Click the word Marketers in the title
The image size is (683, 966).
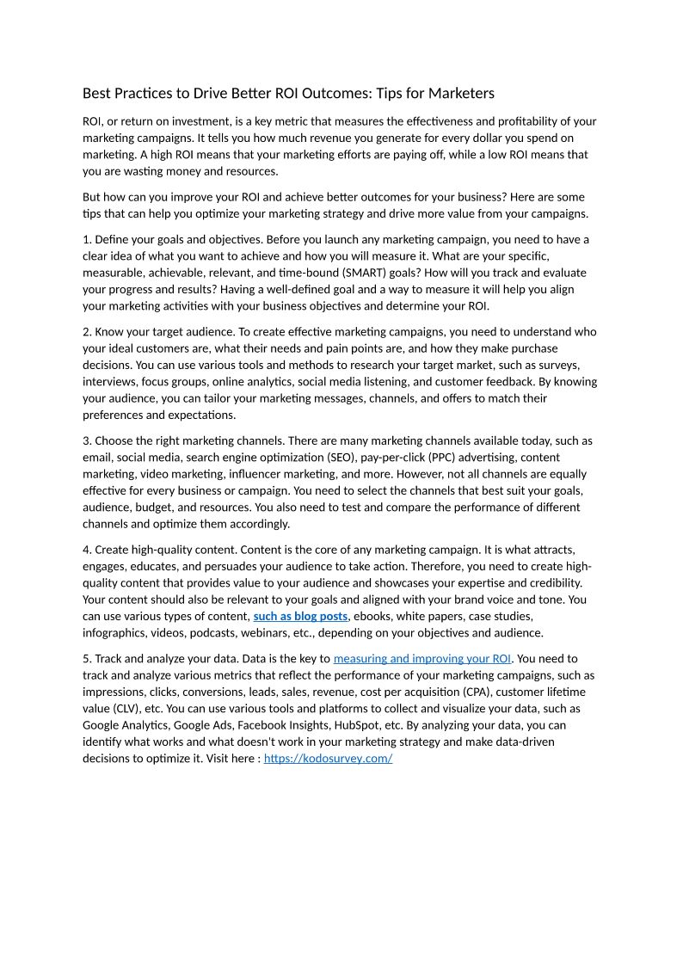[461, 93]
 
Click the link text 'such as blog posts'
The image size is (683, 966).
[300, 616]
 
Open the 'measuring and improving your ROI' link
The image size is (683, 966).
[422, 659]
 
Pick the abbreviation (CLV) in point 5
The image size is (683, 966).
[127, 709]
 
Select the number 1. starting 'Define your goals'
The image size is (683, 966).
[87, 239]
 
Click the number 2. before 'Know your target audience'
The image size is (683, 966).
[87, 331]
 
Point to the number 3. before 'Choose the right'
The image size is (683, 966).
[87, 440]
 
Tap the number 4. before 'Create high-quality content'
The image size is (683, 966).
[87, 550]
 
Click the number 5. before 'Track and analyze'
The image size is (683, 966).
[87, 659]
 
